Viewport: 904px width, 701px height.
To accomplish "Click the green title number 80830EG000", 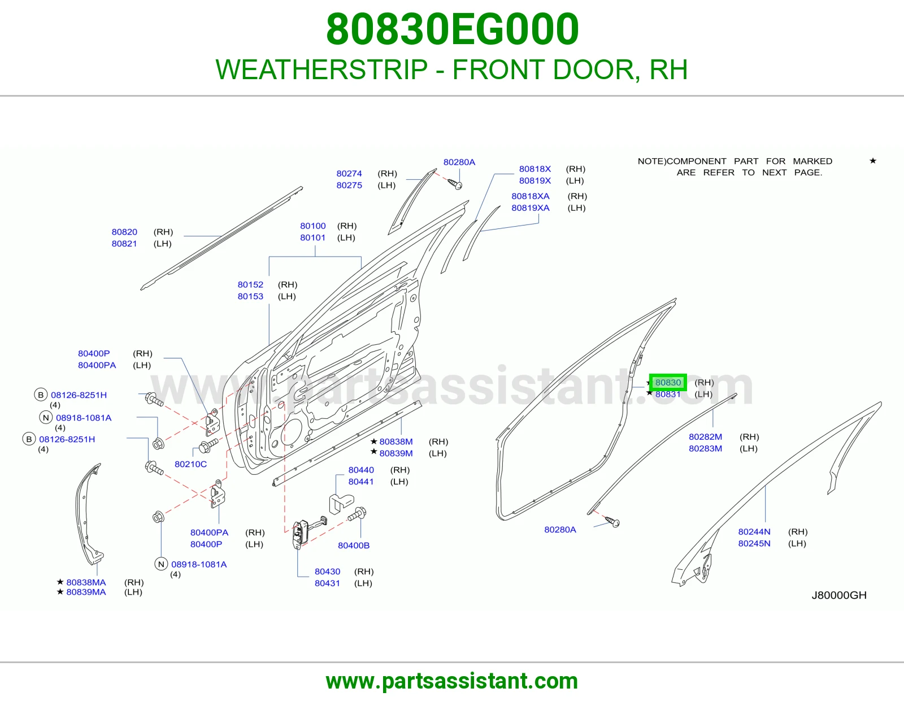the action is tap(452, 29).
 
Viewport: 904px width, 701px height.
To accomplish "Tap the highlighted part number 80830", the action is tap(668, 383).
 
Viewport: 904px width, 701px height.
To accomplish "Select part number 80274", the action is tap(349, 174).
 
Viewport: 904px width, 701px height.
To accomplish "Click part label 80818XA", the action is tap(531, 196).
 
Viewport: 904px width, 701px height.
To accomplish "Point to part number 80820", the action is tap(124, 232).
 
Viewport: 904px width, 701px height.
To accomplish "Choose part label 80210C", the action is tap(190, 464).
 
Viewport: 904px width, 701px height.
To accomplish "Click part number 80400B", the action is tap(354, 546).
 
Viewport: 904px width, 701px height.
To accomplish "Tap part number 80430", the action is tap(327, 572).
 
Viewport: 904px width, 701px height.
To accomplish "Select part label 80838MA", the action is tap(86, 582).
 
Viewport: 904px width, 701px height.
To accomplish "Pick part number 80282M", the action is tap(706, 436).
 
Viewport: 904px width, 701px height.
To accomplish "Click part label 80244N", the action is tap(754, 531).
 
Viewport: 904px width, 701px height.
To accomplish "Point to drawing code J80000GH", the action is tap(839, 595).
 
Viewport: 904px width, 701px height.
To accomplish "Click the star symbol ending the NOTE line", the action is tap(873, 161).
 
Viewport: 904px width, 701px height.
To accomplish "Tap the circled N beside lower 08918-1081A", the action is tap(161, 564).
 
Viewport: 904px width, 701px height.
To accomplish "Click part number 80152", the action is tap(250, 285).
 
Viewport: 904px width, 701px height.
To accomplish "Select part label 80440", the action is tap(361, 470).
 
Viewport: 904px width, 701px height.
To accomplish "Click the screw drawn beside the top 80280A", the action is tap(455, 184).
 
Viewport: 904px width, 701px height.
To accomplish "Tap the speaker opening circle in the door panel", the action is tap(293, 432).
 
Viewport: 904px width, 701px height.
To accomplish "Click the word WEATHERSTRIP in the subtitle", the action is tap(321, 70).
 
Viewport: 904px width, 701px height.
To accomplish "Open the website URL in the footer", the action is tap(452, 681).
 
